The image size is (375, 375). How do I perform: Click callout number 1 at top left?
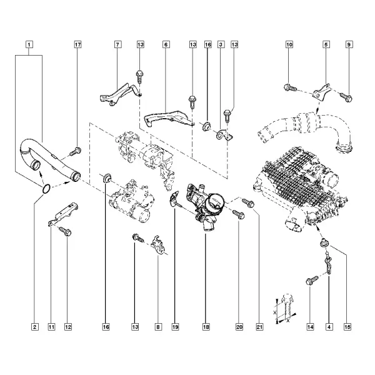[x=29, y=44]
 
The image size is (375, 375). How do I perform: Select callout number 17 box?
[x=78, y=44]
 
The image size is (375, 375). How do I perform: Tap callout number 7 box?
[x=117, y=44]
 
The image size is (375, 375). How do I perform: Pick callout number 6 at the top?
[x=166, y=44]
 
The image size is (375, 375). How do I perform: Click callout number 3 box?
[x=221, y=44]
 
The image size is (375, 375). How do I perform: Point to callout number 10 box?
[x=289, y=44]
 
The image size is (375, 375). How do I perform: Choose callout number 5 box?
[x=326, y=44]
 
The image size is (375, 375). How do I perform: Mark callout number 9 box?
[x=349, y=44]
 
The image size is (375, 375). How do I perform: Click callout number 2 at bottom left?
[x=35, y=327]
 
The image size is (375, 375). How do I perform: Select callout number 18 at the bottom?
[x=206, y=327]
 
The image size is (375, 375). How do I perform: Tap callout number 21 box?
[x=259, y=327]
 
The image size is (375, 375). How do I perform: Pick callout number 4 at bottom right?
[x=329, y=327]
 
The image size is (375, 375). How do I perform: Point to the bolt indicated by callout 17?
[x=76, y=151]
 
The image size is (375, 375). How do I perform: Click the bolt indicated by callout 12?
[x=65, y=231]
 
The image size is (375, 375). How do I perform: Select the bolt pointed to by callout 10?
[x=290, y=87]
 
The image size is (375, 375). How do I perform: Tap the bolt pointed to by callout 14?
[x=312, y=280]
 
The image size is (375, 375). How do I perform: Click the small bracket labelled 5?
[x=322, y=92]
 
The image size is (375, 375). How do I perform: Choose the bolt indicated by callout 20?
[x=239, y=214]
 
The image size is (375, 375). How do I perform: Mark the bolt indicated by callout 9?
[x=346, y=97]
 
